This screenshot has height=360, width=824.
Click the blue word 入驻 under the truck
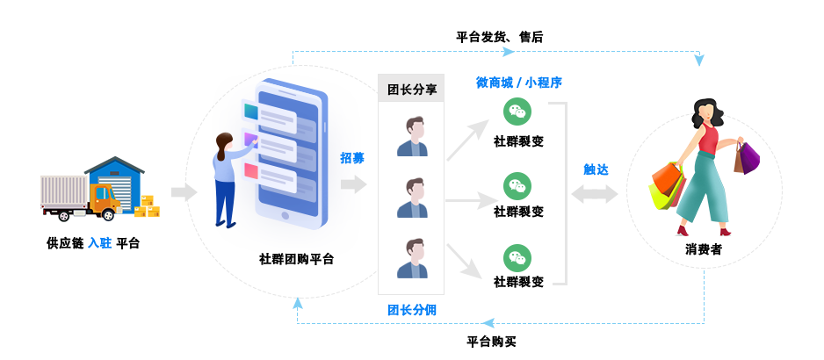pyautogui.click(x=99, y=242)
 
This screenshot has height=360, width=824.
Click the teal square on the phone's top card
pyautogui.click(x=250, y=112)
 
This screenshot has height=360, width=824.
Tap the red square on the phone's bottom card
pyautogui.click(x=250, y=169)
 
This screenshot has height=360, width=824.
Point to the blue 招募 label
pyautogui.click(x=352, y=158)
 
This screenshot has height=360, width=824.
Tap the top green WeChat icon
pyautogui.click(x=517, y=112)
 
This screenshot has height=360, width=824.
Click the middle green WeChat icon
pyautogui.click(x=517, y=185)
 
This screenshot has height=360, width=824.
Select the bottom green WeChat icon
pyautogui.click(x=517, y=256)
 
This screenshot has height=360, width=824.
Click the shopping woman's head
pyautogui.click(x=706, y=111)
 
